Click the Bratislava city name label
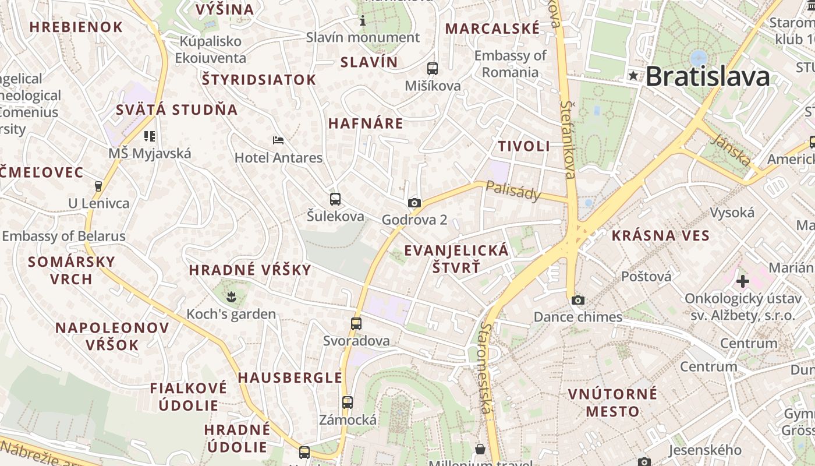pyautogui.click(x=707, y=76)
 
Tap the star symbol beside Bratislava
pyautogui.click(x=633, y=76)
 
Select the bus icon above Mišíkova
pyautogui.click(x=432, y=69)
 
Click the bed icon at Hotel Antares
pyautogui.click(x=278, y=140)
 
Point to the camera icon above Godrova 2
pyautogui.click(x=414, y=203)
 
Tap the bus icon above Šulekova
pyautogui.click(x=335, y=199)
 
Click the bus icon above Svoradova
pyautogui.click(x=356, y=324)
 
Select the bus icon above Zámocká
pyautogui.click(x=348, y=403)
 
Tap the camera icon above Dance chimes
pyautogui.click(x=577, y=301)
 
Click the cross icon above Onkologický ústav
pyautogui.click(x=742, y=282)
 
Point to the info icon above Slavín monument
pyautogui.click(x=363, y=21)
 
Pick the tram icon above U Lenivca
pyautogui.click(x=98, y=186)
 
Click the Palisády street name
pyautogui.click(x=513, y=190)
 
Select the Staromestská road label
pyautogui.click(x=484, y=368)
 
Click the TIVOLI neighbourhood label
pyautogui.click(x=524, y=146)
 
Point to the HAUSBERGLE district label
pyautogui.click(x=290, y=377)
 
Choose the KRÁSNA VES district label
pyautogui.click(x=660, y=236)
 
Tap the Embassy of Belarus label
pyautogui.click(x=64, y=236)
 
